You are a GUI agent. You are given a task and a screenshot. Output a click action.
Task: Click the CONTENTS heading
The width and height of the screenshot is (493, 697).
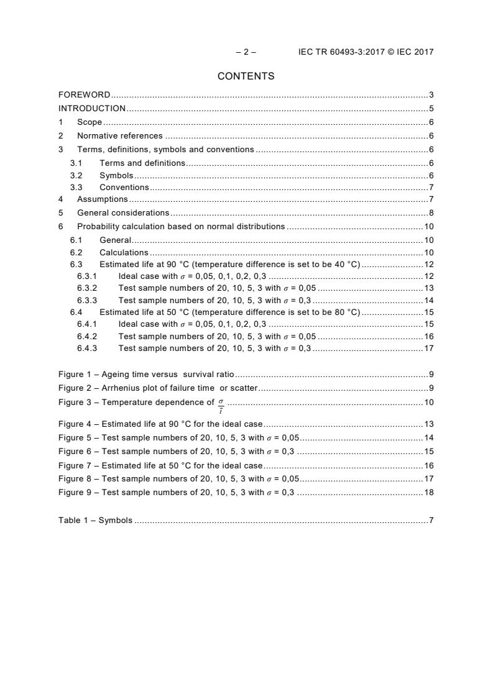(x=246, y=76)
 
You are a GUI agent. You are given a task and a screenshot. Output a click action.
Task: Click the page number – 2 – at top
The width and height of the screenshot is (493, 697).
(x=246, y=52)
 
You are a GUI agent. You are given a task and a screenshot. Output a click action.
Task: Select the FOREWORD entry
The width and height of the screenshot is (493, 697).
(x=85, y=95)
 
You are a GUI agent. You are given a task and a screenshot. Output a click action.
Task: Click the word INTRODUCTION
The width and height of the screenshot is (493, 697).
(x=92, y=108)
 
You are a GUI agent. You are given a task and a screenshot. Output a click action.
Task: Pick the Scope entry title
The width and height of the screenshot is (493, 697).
(x=90, y=122)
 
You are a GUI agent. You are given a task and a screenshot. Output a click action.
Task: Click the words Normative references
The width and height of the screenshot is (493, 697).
(x=119, y=136)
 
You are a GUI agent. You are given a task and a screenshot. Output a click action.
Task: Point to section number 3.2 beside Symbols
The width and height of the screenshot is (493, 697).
(x=76, y=175)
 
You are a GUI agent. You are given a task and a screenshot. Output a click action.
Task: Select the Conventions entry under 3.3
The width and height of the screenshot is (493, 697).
(x=124, y=188)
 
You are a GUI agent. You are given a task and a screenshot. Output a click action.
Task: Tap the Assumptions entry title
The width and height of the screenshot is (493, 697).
(x=102, y=199)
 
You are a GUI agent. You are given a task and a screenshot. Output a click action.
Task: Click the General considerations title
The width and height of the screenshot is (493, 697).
(x=123, y=213)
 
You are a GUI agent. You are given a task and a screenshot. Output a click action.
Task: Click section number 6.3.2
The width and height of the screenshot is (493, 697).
(x=87, y=288)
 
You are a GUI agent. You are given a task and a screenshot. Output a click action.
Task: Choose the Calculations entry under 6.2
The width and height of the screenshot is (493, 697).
(x=124, y=253)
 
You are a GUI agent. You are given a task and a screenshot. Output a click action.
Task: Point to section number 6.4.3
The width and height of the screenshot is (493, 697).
(x=87, y=348)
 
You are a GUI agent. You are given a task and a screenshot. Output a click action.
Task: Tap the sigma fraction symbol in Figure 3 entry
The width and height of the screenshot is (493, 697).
(x=221, y=404)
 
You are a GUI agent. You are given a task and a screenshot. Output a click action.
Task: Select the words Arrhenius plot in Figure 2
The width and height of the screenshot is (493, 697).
(x=129, y=388)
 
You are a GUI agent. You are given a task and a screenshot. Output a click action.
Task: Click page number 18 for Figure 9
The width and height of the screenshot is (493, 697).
(x=428, y=493)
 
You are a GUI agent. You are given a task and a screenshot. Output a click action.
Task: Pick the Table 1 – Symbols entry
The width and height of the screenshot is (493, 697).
(x=95, y=520)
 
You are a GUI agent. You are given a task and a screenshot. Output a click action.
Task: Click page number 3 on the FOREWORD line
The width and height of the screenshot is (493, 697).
(x=431, y=95)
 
